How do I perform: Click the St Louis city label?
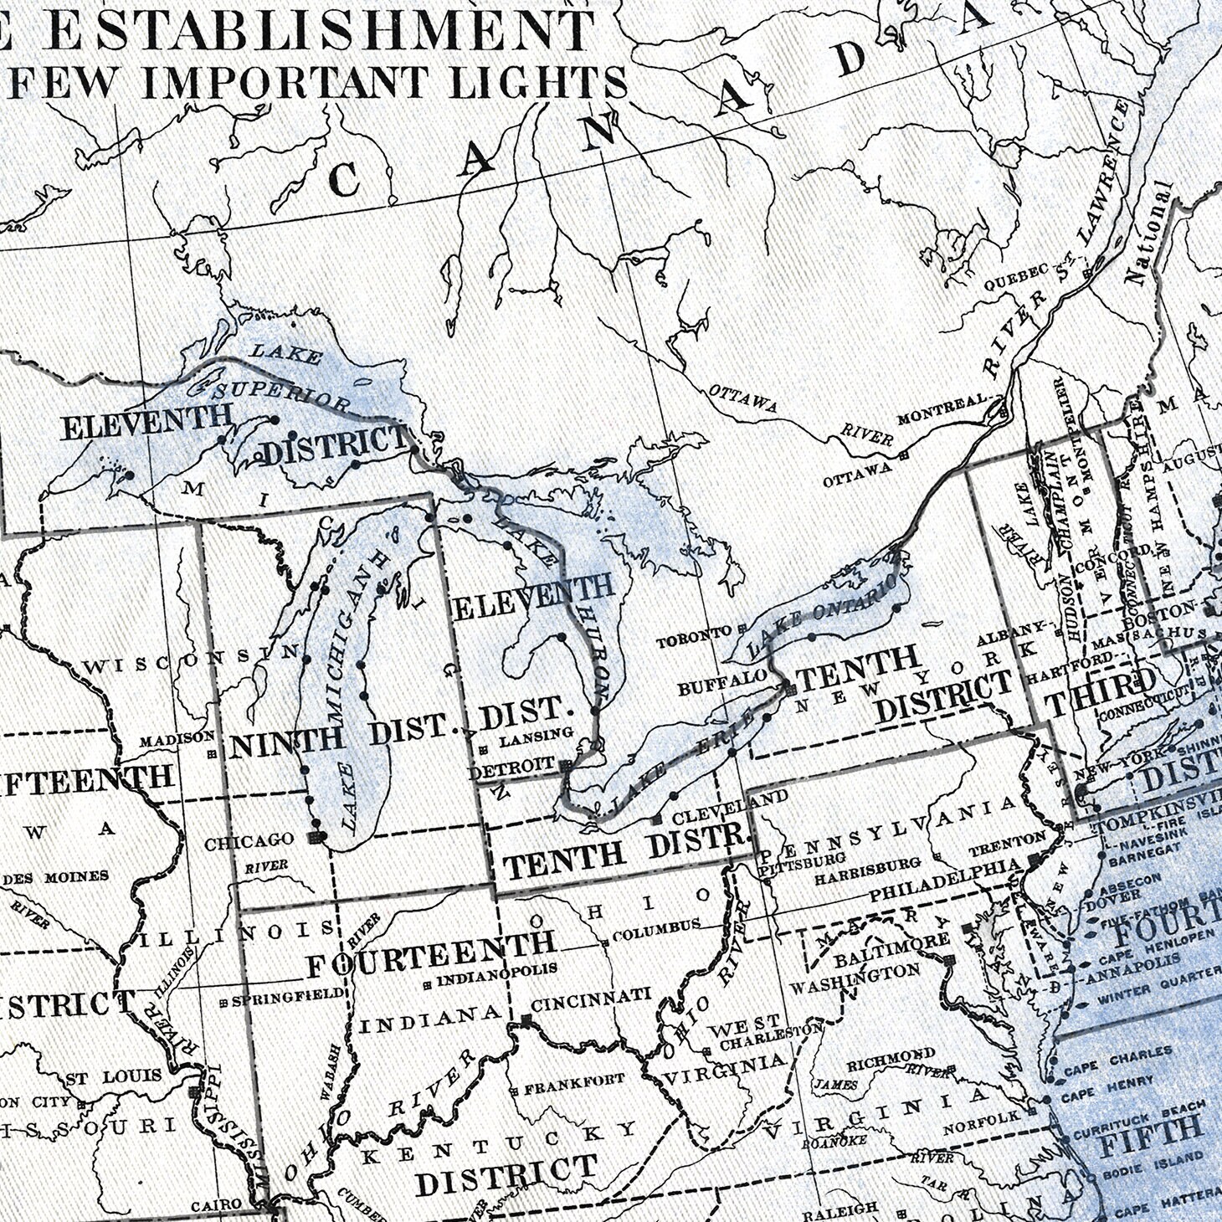pos(114,1076)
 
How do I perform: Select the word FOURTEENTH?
pos(430,954)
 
